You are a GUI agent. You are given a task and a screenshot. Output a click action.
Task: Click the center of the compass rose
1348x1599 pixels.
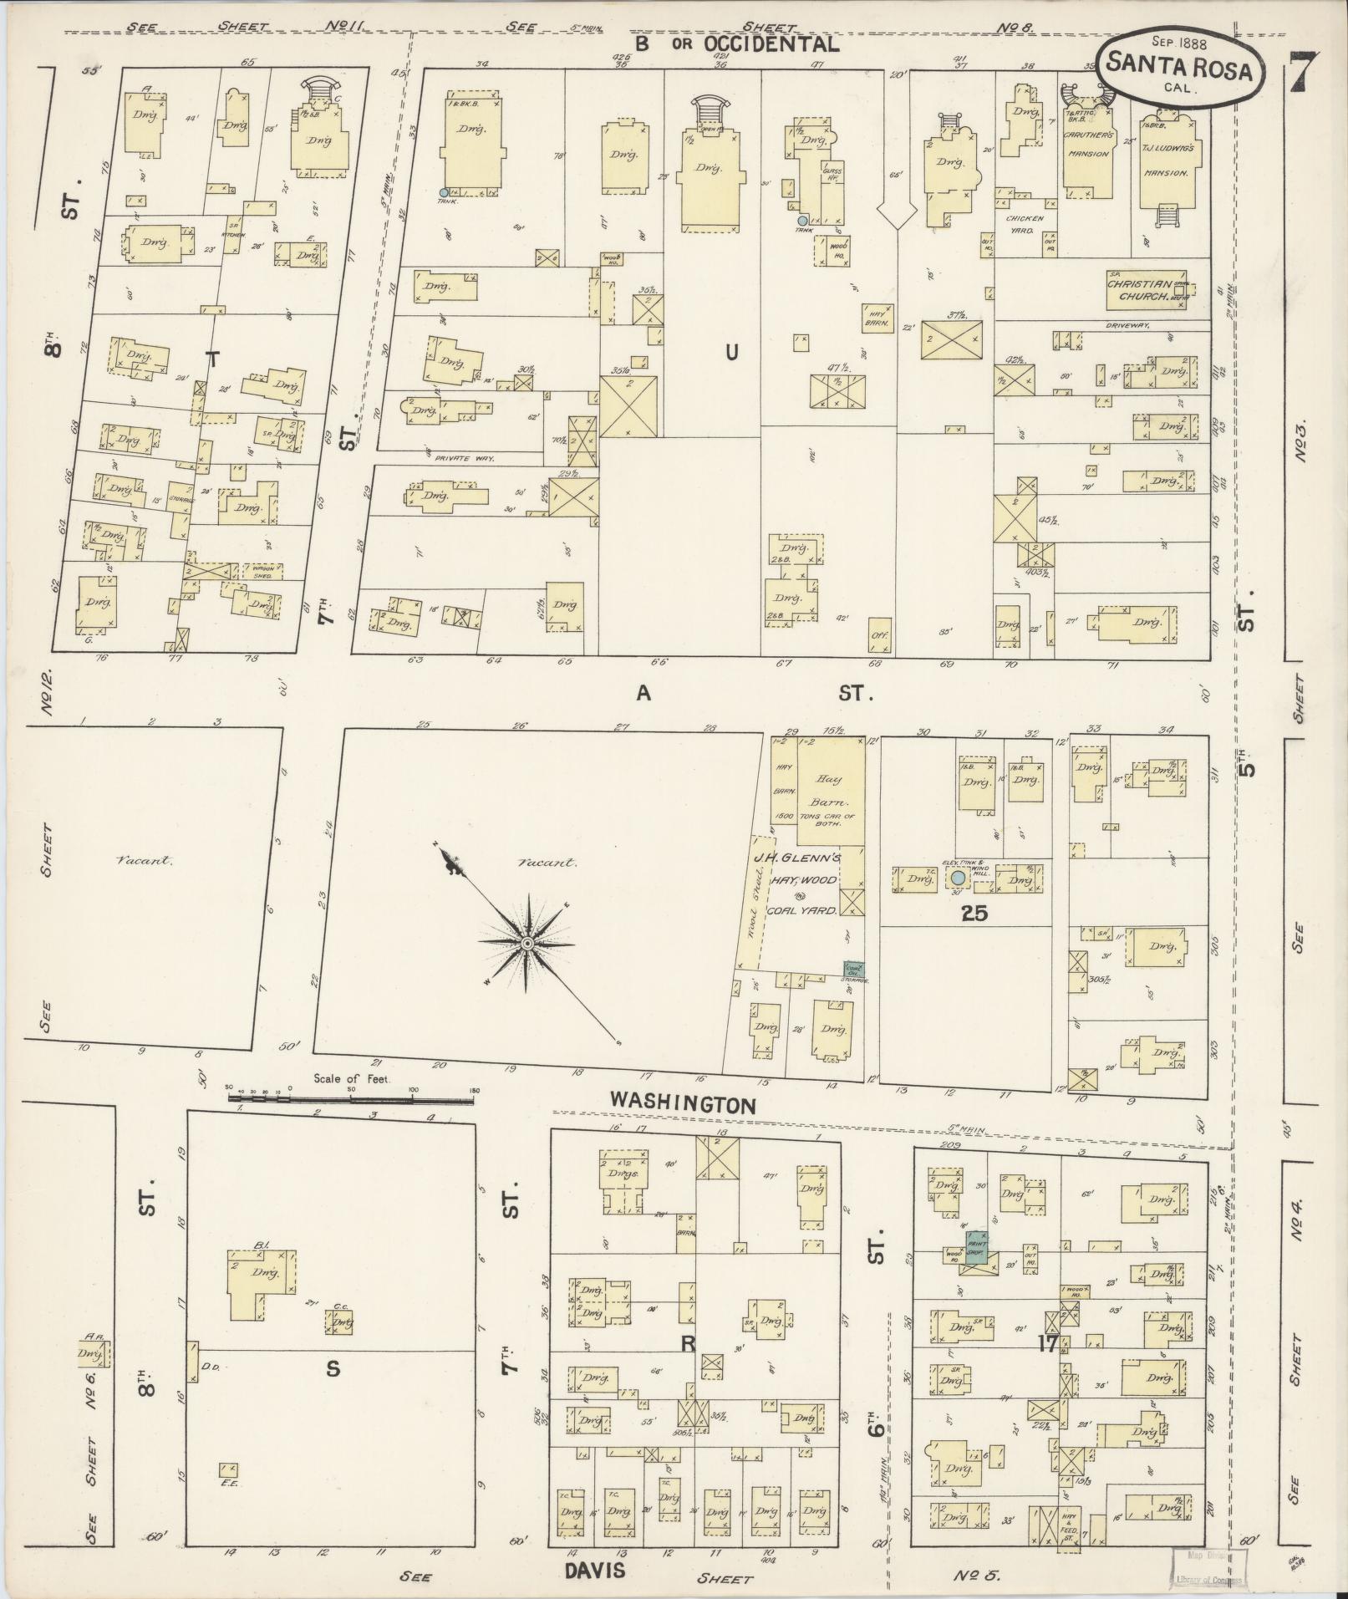coord(527,944)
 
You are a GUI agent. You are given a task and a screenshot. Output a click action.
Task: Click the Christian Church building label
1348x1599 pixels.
coord(1147,289)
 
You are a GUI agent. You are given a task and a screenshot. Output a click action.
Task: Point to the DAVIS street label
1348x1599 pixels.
coord(594,1571)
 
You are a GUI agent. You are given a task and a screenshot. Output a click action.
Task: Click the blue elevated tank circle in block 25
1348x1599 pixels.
coord(958,878)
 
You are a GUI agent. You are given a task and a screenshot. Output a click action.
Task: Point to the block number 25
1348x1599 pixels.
coord(974,914)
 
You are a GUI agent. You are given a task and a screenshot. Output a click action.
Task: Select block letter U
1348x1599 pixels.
coord(731,353)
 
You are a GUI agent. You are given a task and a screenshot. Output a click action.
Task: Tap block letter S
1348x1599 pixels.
coord(333,1369)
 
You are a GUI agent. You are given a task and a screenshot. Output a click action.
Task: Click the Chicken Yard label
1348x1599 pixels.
coord(1025,223)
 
